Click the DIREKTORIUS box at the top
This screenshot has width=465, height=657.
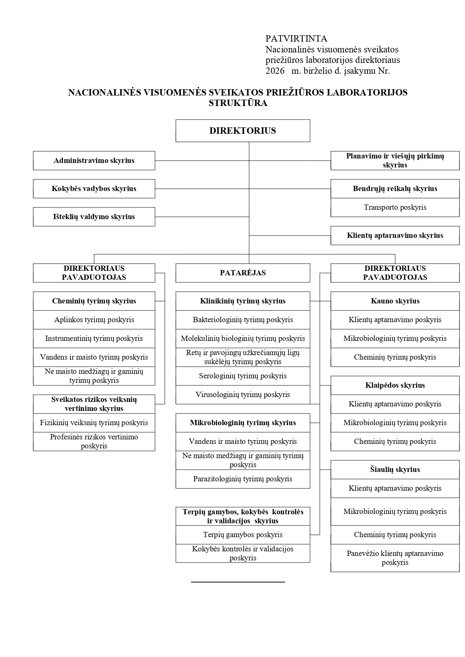(243, 131)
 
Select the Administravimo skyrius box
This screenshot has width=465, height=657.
(94, 161)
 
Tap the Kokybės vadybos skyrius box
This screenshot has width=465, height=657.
(94, 189)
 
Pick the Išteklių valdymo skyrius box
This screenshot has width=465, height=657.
(94, 217)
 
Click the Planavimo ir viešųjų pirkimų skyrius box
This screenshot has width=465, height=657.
(395, 161)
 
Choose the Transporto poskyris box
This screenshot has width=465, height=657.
(395, 208)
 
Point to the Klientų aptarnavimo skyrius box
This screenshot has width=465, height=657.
(395, 236)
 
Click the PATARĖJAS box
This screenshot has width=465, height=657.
(243, 273)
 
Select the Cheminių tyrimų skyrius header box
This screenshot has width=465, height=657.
(94, 301)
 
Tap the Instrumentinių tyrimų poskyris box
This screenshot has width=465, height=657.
(94, 339)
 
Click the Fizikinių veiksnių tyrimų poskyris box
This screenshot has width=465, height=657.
(94, 423)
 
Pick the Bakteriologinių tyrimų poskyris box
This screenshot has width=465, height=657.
(243, 320)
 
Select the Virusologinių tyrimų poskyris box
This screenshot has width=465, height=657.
(243, 395)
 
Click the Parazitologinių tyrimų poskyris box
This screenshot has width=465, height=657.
(243, 479)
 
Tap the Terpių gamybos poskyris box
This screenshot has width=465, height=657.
(243, 535)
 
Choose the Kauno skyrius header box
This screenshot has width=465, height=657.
(395, 301)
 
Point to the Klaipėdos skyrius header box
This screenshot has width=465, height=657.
(395, 385)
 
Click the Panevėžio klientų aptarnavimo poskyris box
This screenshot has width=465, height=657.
(395, 558)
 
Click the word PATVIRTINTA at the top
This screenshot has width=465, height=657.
(296, 39)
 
